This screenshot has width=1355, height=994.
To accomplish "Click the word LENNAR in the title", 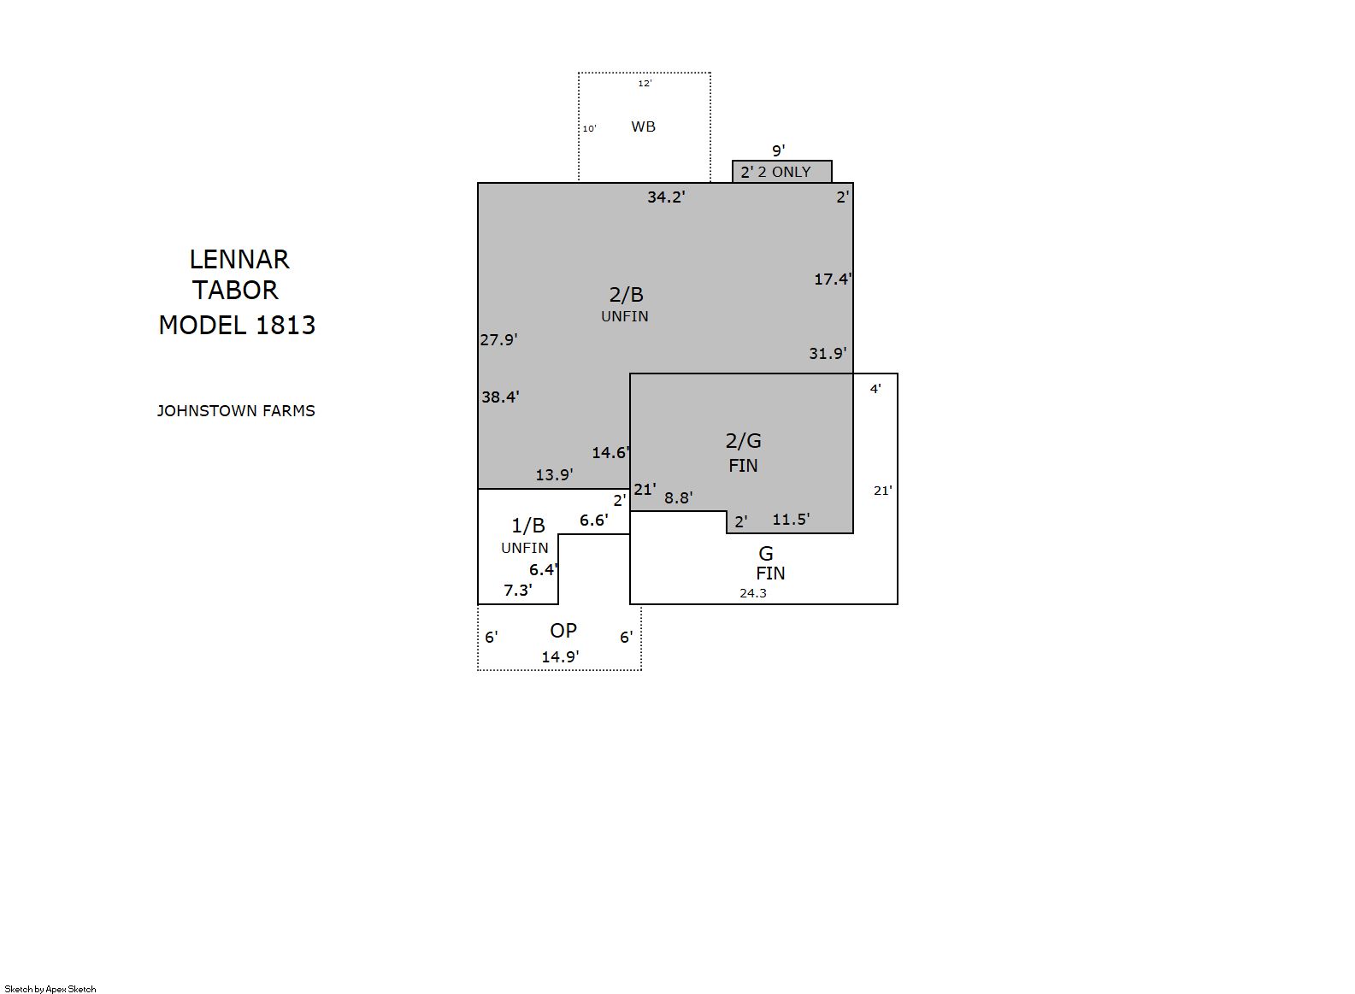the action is coord(239,259).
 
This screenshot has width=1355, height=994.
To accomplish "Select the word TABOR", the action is coord(235,291).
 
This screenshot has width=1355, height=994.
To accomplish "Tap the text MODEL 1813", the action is coord(237,326).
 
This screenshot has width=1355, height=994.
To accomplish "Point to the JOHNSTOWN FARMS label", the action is coord(236,411).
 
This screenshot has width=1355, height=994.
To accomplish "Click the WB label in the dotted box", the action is coord(643,126).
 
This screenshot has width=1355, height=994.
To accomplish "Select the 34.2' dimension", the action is coord(666,197).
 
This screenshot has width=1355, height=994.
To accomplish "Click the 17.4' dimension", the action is coord(833,279).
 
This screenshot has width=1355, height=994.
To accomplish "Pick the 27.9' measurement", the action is coord(498,340).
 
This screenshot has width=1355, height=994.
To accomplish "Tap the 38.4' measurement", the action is coord(500,397).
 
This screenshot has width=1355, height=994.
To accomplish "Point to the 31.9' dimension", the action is coord(828,353).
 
